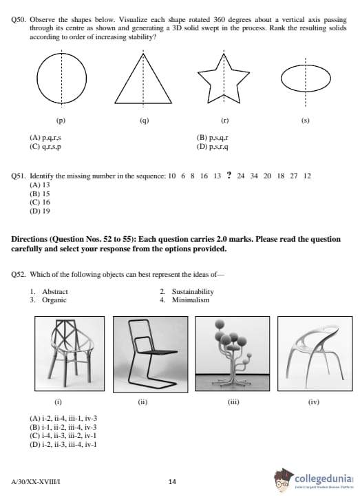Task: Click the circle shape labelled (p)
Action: (37, 79)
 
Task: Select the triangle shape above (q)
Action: (129, 79)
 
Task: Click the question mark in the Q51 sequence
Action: (229, 175)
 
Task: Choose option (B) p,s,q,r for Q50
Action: (213, 138)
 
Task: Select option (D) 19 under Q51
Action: (40, 211)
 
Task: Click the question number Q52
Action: (19, 275)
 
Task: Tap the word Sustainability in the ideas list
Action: (193, 292)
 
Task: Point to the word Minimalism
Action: (191, 300)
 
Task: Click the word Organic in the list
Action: (54, 300)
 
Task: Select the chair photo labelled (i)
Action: (70, 353)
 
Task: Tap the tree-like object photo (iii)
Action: (233, 354)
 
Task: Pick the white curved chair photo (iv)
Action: (315, 353)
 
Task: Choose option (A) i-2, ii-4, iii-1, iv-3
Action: (63, 419)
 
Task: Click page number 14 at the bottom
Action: (172, 481)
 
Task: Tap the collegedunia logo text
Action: (324, 479)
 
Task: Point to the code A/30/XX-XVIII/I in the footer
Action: (35, 481)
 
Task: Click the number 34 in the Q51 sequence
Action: (254, 176)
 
